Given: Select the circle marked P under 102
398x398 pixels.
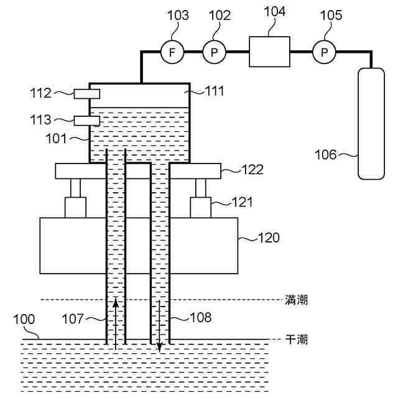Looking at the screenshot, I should (x=214, y=52).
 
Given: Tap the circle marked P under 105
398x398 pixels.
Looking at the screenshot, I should (x=323, y=52).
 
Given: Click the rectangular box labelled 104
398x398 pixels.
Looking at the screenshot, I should (x=269, y=51).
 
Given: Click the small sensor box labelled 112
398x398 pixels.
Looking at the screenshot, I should (x=87, y=94).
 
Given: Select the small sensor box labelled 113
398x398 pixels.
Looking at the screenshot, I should (x=87, y=121).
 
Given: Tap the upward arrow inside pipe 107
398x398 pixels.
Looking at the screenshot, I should (x=116, y=323).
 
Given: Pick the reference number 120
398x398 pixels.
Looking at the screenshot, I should (x=269, y=237).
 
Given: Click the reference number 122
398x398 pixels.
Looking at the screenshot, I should (x=252, y=169).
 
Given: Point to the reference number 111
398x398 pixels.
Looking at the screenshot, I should (x=214, y=91).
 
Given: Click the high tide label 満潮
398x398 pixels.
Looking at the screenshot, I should (x=296, y=300).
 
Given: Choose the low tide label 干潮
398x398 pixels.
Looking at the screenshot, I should (x=296, y=340).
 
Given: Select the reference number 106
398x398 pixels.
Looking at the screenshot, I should (x=325, y=154).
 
